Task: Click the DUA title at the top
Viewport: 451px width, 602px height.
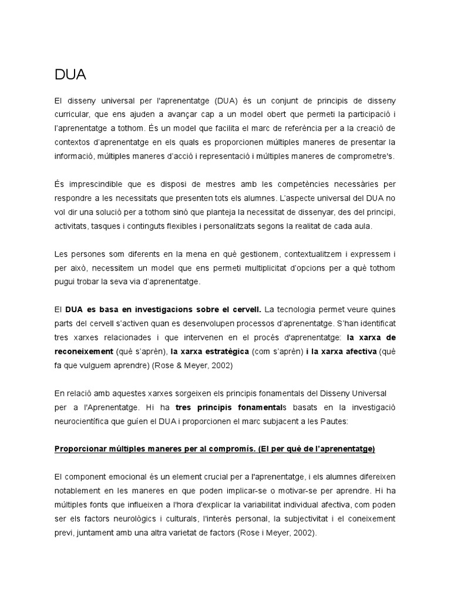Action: [x=70, y=75]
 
